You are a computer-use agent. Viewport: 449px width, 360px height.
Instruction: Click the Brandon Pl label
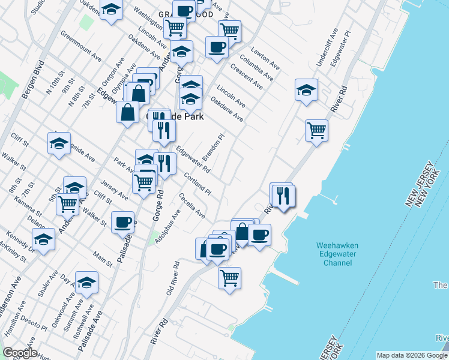(x=212, y=147)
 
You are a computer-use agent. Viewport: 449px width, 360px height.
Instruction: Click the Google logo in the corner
(x=20, y=353)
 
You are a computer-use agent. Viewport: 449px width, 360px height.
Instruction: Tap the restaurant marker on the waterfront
(x=282, y=195)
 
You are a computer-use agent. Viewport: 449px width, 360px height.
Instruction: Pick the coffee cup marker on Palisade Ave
(x=123, y=223)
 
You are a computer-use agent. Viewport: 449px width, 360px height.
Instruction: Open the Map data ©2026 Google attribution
(x=411, y=355)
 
